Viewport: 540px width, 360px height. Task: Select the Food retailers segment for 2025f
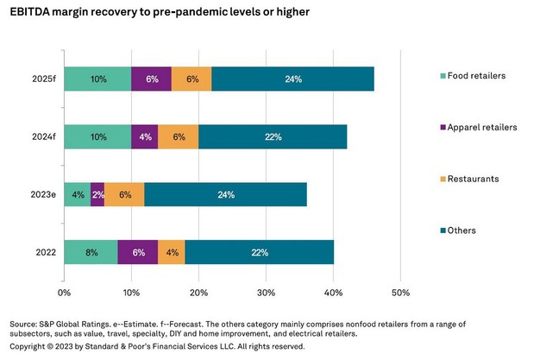[97, 79]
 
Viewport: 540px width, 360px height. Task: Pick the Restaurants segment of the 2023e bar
[124, 194]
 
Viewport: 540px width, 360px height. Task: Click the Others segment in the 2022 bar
[260, 252]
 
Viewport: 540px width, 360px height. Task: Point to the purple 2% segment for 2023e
[97, 194]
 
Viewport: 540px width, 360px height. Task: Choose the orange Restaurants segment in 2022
[171, 252]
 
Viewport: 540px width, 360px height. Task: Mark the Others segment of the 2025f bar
[292, 79]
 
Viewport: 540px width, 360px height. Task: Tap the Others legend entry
[466, 231]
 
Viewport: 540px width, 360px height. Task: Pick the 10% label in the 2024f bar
[97, 136]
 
